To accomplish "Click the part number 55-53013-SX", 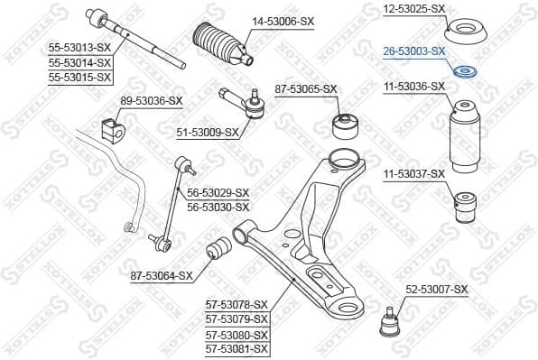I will click(x=80, y=49).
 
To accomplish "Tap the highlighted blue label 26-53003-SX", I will click(x=413, y=52).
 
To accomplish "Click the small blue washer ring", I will click(x=467, y=72).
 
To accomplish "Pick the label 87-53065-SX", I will click(x=305, y=88).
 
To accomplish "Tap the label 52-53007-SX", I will click(x=436, y=289).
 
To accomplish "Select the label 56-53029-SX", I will click(x=218, y=193).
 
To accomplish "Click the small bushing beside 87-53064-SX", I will click(x=219, y=249).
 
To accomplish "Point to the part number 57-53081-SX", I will click(x=237, y=348).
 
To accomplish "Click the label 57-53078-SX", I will click(x=237, y=305).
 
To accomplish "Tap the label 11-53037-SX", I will click(x=413, y=173).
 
